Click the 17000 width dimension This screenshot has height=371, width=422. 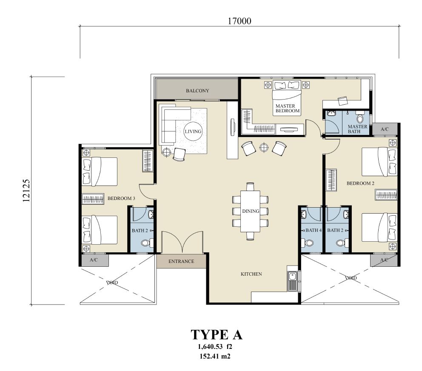point(239,21)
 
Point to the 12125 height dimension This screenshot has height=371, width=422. point(26,191)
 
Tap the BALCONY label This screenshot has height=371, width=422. point(197,91)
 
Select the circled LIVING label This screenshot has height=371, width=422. point(193,131)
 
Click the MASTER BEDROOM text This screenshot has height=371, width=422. point(287,108)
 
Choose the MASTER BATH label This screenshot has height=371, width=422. point(357,129)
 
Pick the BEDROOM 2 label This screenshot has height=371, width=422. point(360,183)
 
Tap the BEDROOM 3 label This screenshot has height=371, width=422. point(121,198)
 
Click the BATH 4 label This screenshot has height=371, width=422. point(314,230)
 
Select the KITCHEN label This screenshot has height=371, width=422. point(251,274)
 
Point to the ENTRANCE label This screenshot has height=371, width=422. point(181,261)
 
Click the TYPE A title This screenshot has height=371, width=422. point(217,335)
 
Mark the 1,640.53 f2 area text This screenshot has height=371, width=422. point(215,346)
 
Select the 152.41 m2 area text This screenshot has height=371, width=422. point(215,357)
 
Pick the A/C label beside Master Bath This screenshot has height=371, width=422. point(385,129)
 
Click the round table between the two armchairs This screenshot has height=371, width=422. point(264,147)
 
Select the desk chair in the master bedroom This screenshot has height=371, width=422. point(343,101)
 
